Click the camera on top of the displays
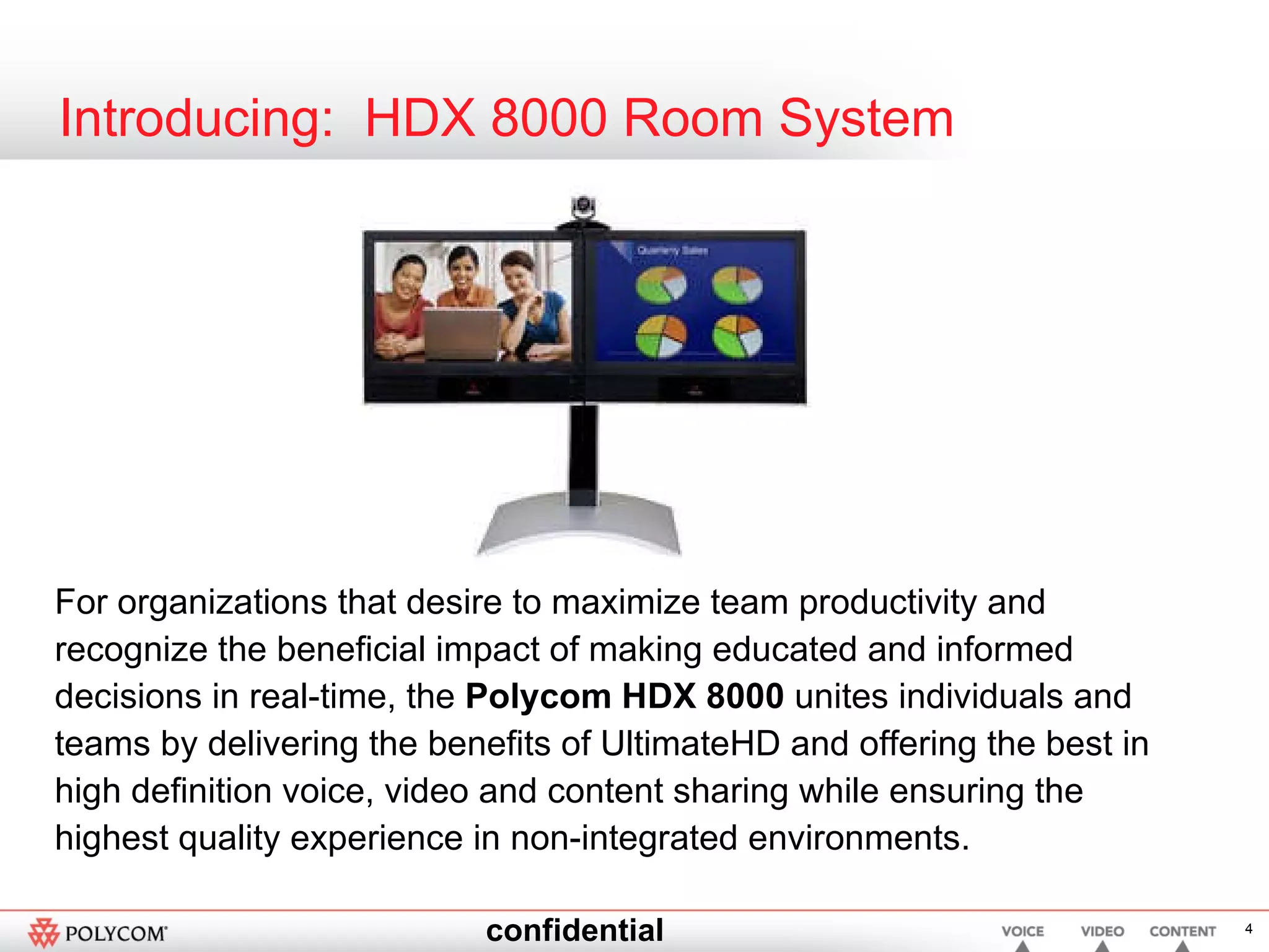583,207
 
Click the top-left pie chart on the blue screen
661,284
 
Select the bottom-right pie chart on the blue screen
737,337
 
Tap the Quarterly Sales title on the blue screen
672,250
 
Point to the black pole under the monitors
583,452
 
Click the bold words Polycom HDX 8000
625,696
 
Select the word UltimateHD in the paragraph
690,743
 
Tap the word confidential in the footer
574,930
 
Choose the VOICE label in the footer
1022,932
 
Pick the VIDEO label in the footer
1102,932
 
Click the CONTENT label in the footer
1182,932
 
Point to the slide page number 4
1249,928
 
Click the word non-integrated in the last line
624,838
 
